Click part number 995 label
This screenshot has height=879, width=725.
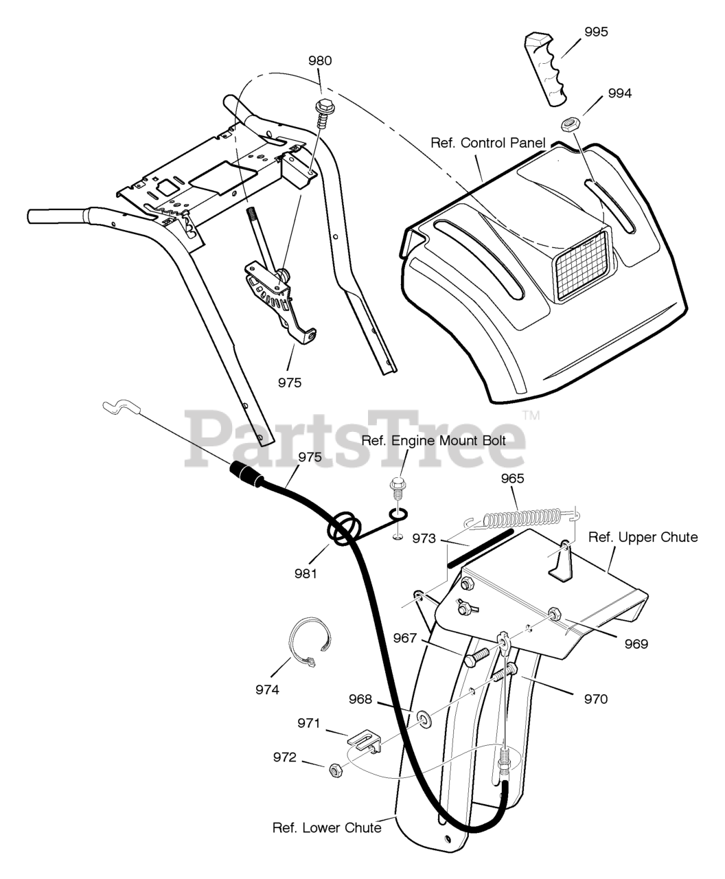(x=596, y=32)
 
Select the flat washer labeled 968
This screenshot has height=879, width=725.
(x=423, y=719)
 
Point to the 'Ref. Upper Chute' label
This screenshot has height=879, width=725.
(x=643, y=537)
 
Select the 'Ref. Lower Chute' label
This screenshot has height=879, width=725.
(x=327, y=827)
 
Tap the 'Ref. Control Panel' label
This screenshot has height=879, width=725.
(x=487, y=143)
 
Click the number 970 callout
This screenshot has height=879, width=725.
(x=595, y=699)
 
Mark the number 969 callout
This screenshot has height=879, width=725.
(x=636, y=643)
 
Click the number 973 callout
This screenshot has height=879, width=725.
(x=424, y=539)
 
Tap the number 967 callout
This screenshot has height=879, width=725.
(x=405, y=638)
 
